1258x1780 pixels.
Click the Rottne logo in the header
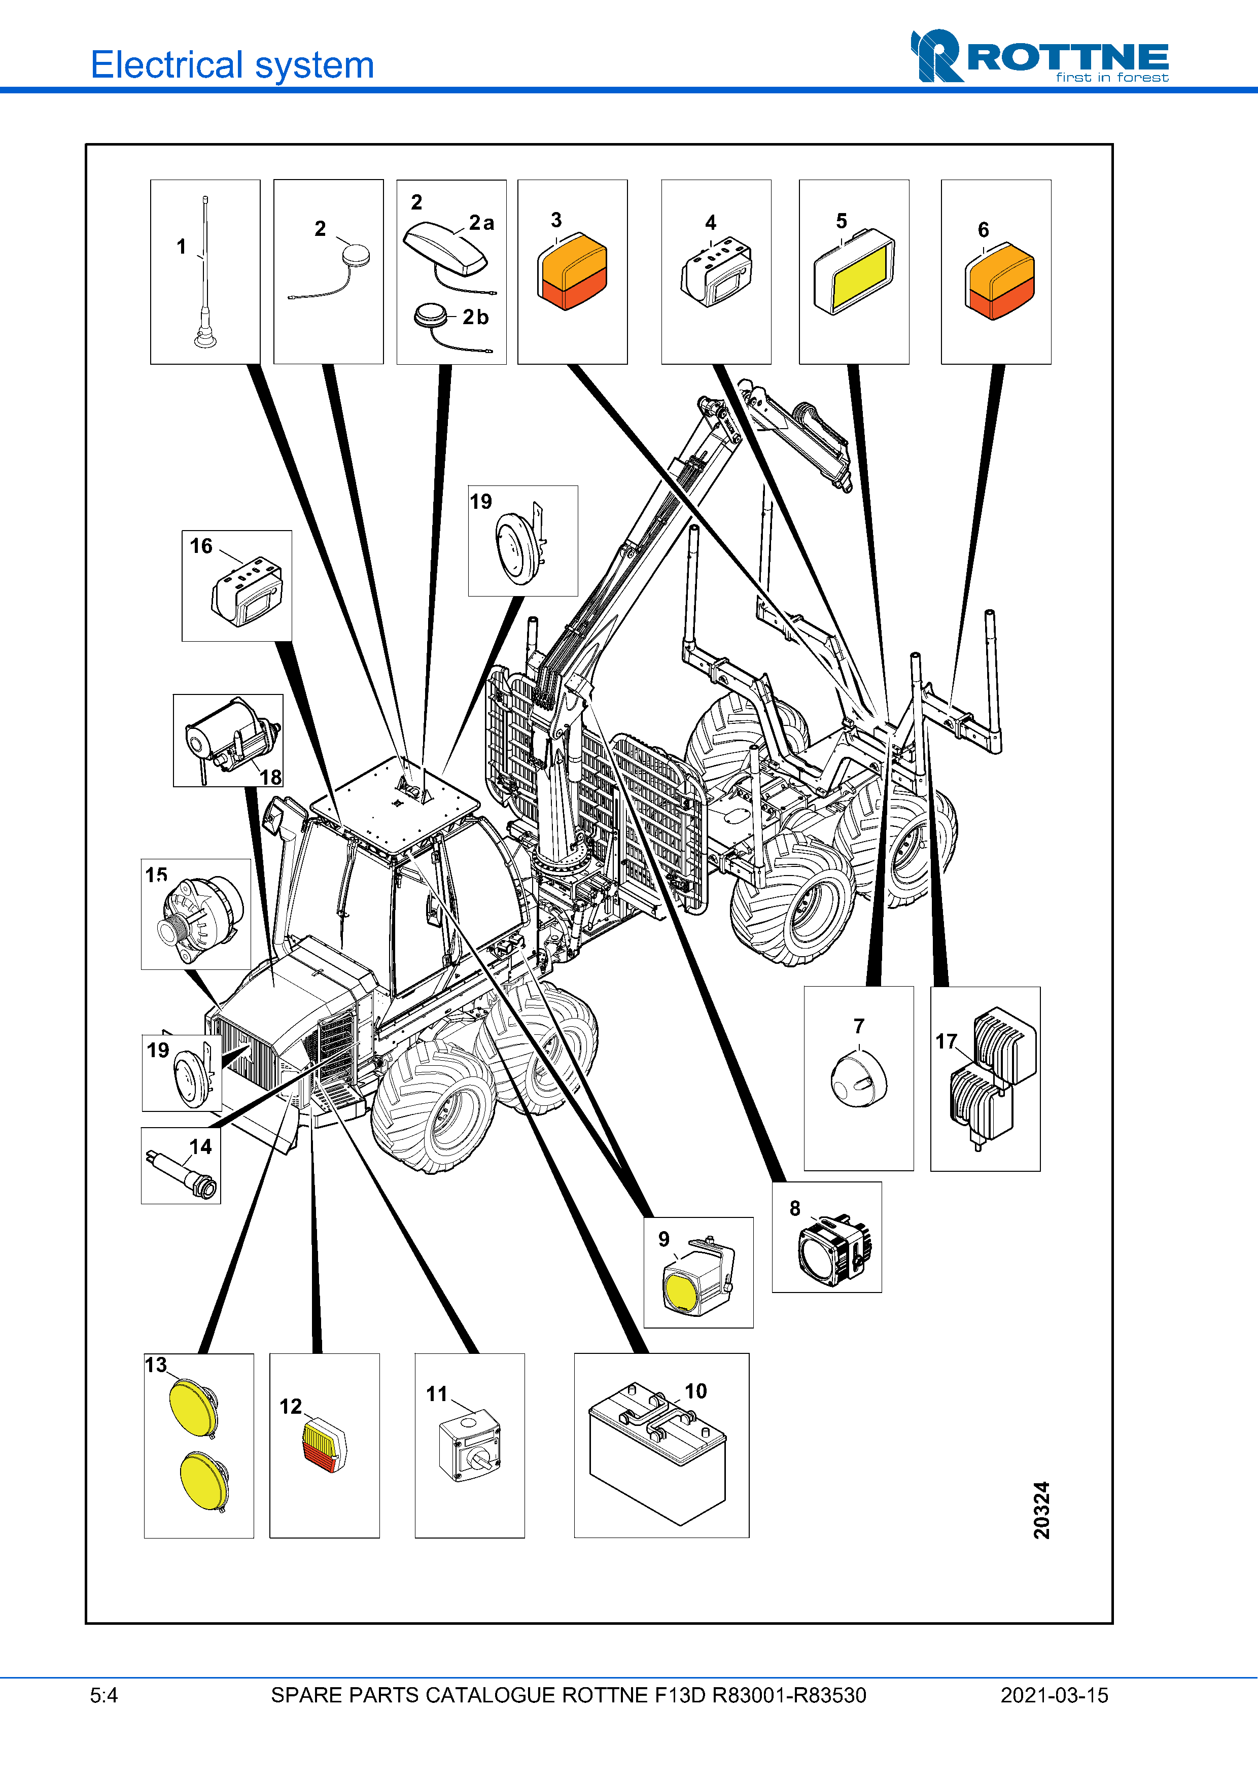coord(1039,57)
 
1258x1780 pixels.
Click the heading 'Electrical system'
coord(232,65)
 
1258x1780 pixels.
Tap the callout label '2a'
coord(481,223)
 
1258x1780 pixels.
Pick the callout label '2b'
coord(475,317)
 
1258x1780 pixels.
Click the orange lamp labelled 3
coord(572,271)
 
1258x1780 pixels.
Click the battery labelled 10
coord(657,1450)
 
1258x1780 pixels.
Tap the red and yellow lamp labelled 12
coord(324,1446)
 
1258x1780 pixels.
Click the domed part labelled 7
coord(859,1078)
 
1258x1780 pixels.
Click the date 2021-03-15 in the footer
coord(1054,1695)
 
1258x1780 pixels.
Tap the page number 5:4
coord(104,1695)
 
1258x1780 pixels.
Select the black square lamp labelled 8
coord(834,1249)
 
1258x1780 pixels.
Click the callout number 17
coord(946,1041)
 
